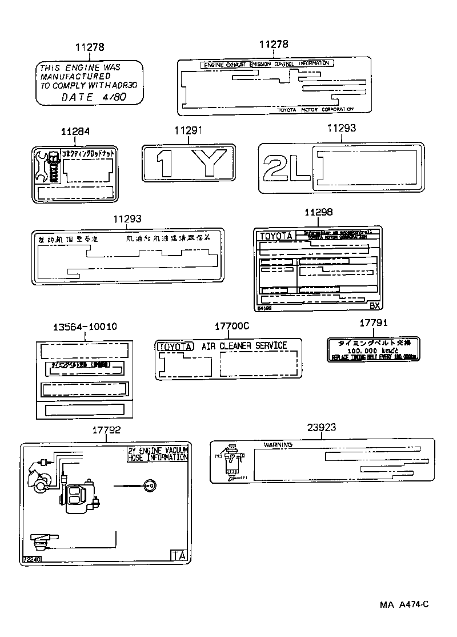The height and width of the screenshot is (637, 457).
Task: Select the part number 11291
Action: [189, 131]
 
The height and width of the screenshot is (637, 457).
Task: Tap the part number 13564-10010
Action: [85, 327]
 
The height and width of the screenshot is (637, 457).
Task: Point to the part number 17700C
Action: [232, 327]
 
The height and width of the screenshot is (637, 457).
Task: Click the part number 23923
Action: [321, 427]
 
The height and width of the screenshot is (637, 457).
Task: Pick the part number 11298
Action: [318, 213]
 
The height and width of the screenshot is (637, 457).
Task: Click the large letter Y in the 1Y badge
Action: [209, 163]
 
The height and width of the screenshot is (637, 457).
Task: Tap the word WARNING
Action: [278, 445]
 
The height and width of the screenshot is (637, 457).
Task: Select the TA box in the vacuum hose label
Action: [179, 555]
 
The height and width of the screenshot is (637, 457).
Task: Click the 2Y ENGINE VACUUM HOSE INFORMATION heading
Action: [158, 454]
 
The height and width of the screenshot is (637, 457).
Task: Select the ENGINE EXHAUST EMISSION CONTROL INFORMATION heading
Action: [267, 64]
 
